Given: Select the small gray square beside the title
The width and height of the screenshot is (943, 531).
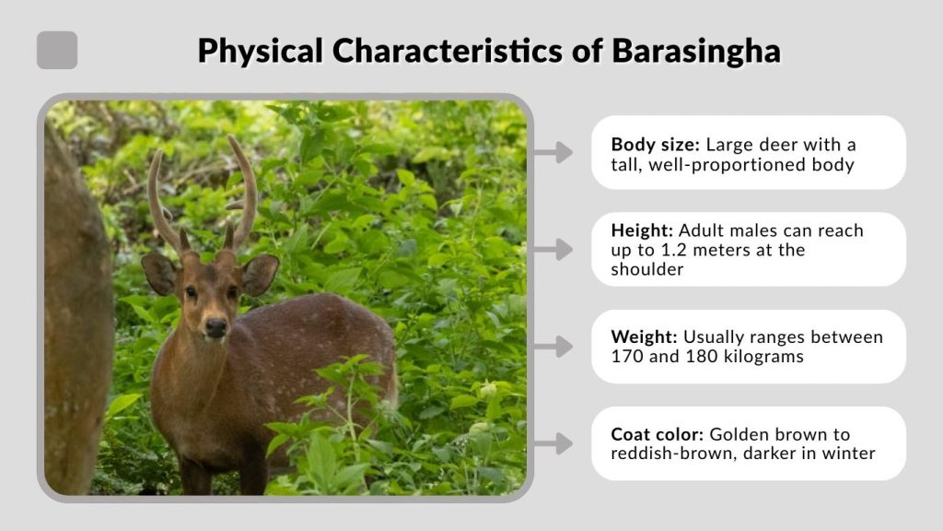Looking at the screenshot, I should (57, 50).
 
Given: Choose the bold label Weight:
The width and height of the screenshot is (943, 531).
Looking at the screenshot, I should (645, 337).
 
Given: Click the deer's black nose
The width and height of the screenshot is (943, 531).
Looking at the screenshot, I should (215, 327).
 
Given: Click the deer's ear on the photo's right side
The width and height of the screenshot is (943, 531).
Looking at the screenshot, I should (259, 274).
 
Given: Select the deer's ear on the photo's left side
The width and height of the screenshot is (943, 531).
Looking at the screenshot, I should (158, 274).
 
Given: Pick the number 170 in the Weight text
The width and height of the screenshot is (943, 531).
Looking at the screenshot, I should (628, 357).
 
